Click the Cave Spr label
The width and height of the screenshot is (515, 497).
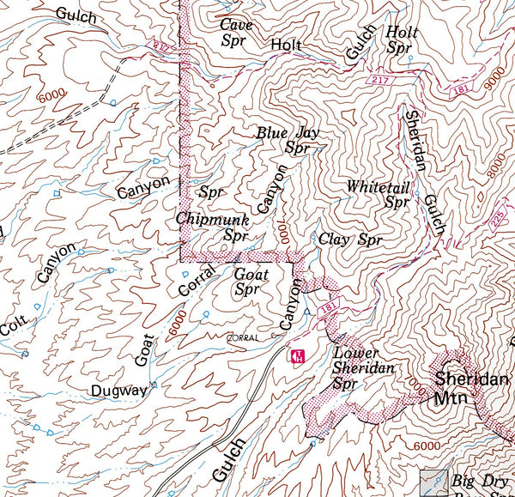pyautogui.click(x=236, y=32)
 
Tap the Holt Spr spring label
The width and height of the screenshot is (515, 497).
pyautogui.click(x=402, y=39)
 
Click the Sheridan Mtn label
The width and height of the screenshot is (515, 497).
pyautogui.click(x=471, y=387)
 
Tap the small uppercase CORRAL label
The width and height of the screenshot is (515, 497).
pyautogui.click(x=243, y=338)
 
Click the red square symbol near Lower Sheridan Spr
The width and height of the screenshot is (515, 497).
pyautogui.click(x=296, y=355)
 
